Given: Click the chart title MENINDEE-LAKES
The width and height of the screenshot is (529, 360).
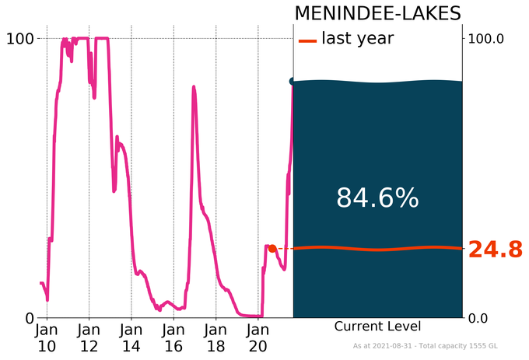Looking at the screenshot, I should (x=377, y=14).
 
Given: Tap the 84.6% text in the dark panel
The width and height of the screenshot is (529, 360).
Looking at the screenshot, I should (x=377, y=199).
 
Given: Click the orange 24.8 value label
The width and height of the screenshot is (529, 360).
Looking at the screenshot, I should (x=494, y=250).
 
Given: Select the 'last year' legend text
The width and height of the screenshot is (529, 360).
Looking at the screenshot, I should (x=357, y=39).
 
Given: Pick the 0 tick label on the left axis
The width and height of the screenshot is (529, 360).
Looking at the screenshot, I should (x=30, y=317).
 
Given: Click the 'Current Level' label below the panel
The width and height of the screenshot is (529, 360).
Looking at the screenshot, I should (x=377, y=327).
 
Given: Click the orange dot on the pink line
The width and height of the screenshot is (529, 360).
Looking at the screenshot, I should (x=272, y=249).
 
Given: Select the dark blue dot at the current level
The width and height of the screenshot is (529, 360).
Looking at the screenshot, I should (x=293, y=81).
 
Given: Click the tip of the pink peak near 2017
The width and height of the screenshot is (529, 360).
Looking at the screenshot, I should (x=193, y=87).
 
